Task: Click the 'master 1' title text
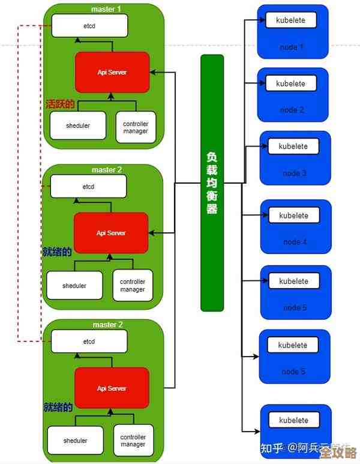point(106,10)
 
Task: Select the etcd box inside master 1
point(89,26)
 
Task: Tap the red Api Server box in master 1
point(112,72)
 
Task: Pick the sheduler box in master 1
point(77,126)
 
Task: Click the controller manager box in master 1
point(136,127)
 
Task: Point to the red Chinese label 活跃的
point(60,104)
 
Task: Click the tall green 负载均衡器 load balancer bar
point(212,182)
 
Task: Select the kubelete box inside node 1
point(290,20)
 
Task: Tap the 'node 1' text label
point(292,47)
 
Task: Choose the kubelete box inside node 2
point(291,84)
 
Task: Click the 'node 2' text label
point(292,110)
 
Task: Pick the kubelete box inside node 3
point(293,146)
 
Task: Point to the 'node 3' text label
point(295,173)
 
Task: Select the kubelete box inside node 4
point(293,215)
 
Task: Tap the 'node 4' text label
point(295,242)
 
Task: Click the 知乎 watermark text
point(271,448)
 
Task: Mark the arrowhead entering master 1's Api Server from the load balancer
point(153,73)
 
